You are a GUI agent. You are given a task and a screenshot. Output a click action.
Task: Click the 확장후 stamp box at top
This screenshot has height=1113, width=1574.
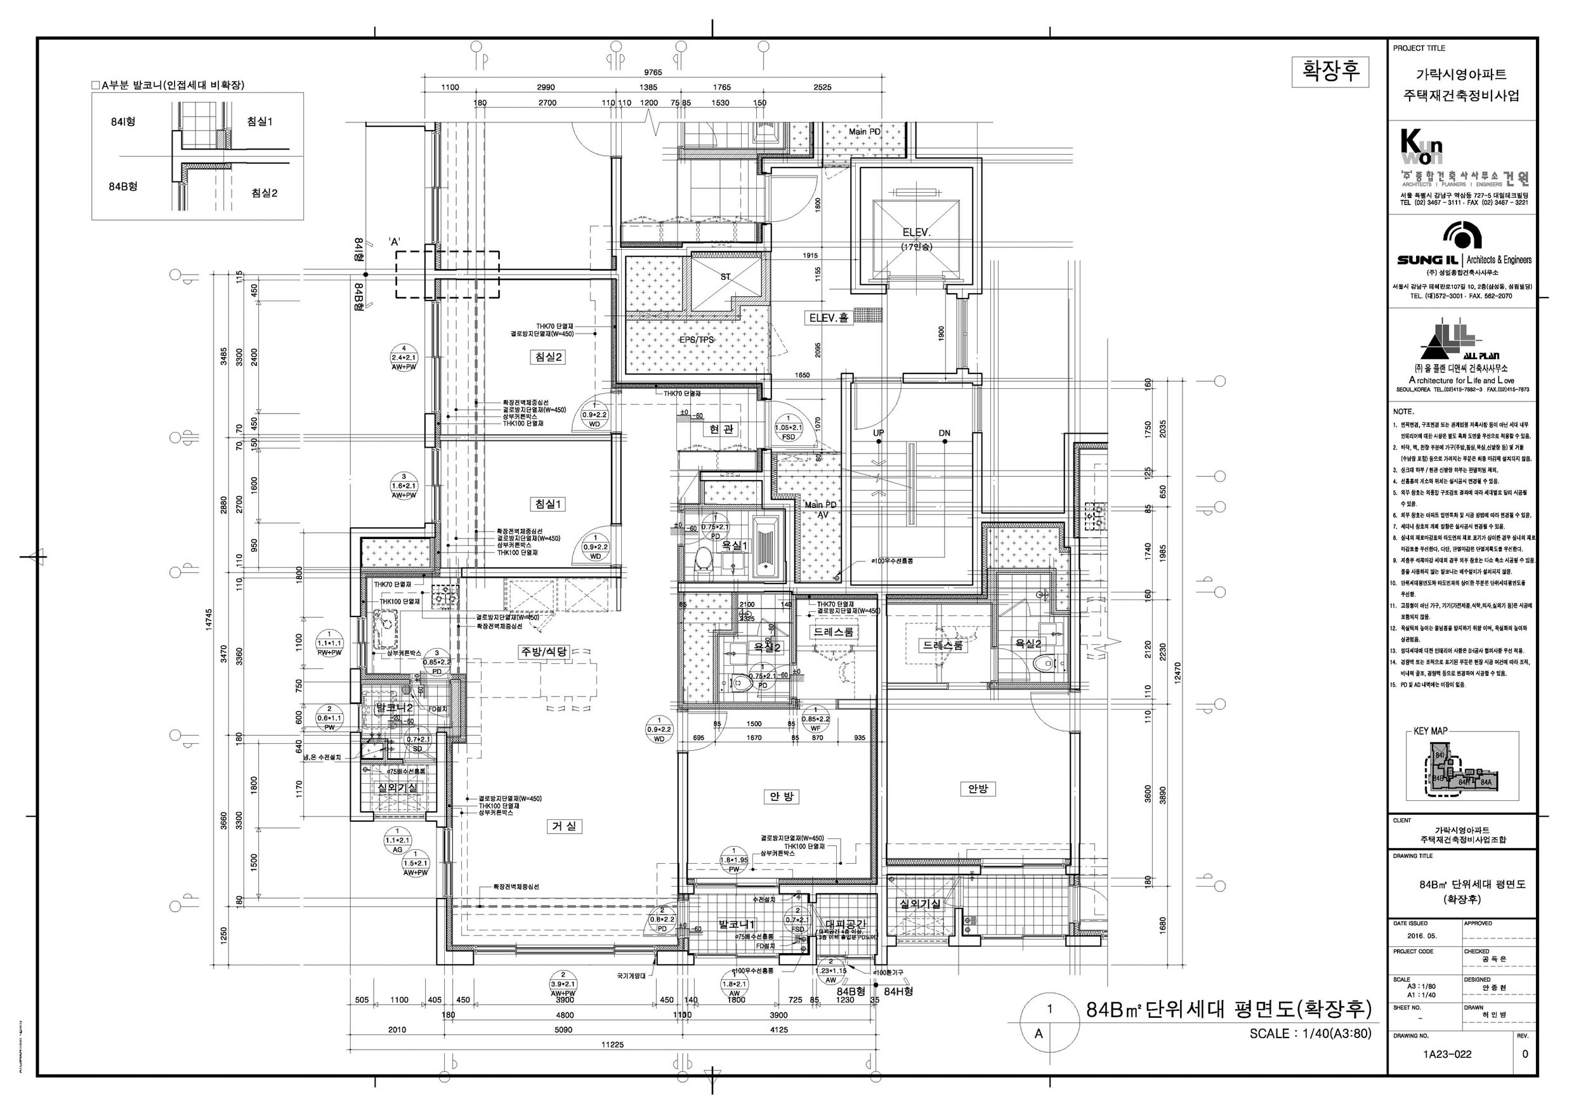(1330, 72)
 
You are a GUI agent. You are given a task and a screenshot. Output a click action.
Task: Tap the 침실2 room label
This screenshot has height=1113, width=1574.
(548, 357)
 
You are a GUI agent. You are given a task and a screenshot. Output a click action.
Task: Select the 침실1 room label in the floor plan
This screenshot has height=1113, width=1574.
(548, 504)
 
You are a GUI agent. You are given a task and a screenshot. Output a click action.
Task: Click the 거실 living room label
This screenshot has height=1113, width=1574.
(564, 826)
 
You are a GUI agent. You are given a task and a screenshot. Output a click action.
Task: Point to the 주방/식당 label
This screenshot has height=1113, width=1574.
(544, 652)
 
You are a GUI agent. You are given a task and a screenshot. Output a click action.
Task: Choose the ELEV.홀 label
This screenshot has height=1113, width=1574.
(828, 318)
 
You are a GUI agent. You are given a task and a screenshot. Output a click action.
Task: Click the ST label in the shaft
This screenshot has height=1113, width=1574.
(725, 277)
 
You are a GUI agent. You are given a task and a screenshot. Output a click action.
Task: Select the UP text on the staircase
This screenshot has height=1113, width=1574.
(878, 433)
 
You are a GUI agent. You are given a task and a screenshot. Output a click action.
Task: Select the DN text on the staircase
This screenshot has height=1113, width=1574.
(944, 433)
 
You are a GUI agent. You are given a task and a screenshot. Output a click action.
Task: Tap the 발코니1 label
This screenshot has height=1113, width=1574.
(737, 925)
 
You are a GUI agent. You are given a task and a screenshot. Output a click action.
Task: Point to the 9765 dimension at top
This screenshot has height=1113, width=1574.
(653, 73)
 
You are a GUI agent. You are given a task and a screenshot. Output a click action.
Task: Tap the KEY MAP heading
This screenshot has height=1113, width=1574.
(1430, 731)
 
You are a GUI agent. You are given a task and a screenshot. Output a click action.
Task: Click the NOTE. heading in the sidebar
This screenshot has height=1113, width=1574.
(1403, 412)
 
